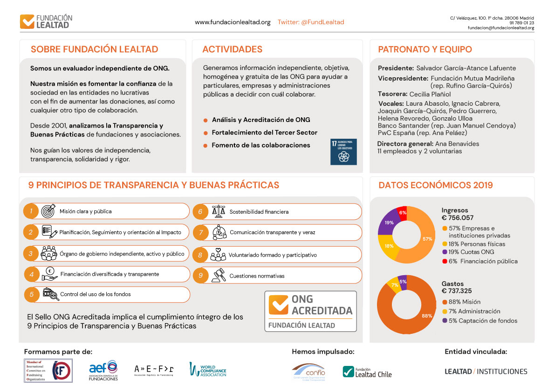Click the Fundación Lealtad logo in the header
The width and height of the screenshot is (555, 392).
click(x=46, y=21)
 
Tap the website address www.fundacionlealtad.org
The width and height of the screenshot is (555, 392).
click(x=233, y=22)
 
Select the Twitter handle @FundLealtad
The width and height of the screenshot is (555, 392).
click(x=311, y=22)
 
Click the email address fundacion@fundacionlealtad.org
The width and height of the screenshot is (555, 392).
click(x=501, y=28)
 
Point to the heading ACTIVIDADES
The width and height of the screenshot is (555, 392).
click(x=232, y=49)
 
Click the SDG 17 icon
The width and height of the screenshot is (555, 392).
click(x=343, y=152)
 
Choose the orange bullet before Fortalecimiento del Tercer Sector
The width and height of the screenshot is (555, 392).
click(x=206, y=133)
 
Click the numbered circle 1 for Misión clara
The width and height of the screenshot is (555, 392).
click(x=31, y=211)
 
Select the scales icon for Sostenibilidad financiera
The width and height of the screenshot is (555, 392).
click(x=219, y=212)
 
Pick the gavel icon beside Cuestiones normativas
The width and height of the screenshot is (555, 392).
click(x=219, y=276)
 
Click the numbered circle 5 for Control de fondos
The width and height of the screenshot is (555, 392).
click(x=31, y=294)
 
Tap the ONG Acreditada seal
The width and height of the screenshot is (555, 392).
click(x=310, y=311)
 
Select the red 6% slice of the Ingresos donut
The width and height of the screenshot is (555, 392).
click(x=403, y=213)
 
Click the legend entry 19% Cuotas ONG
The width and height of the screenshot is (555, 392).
click(x=468, y=252)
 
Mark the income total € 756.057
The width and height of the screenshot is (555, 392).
click(x=457, y=218)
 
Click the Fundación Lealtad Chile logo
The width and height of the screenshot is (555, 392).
click(x=367, y=372)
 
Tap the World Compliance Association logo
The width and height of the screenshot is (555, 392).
click(x=207, y=369)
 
